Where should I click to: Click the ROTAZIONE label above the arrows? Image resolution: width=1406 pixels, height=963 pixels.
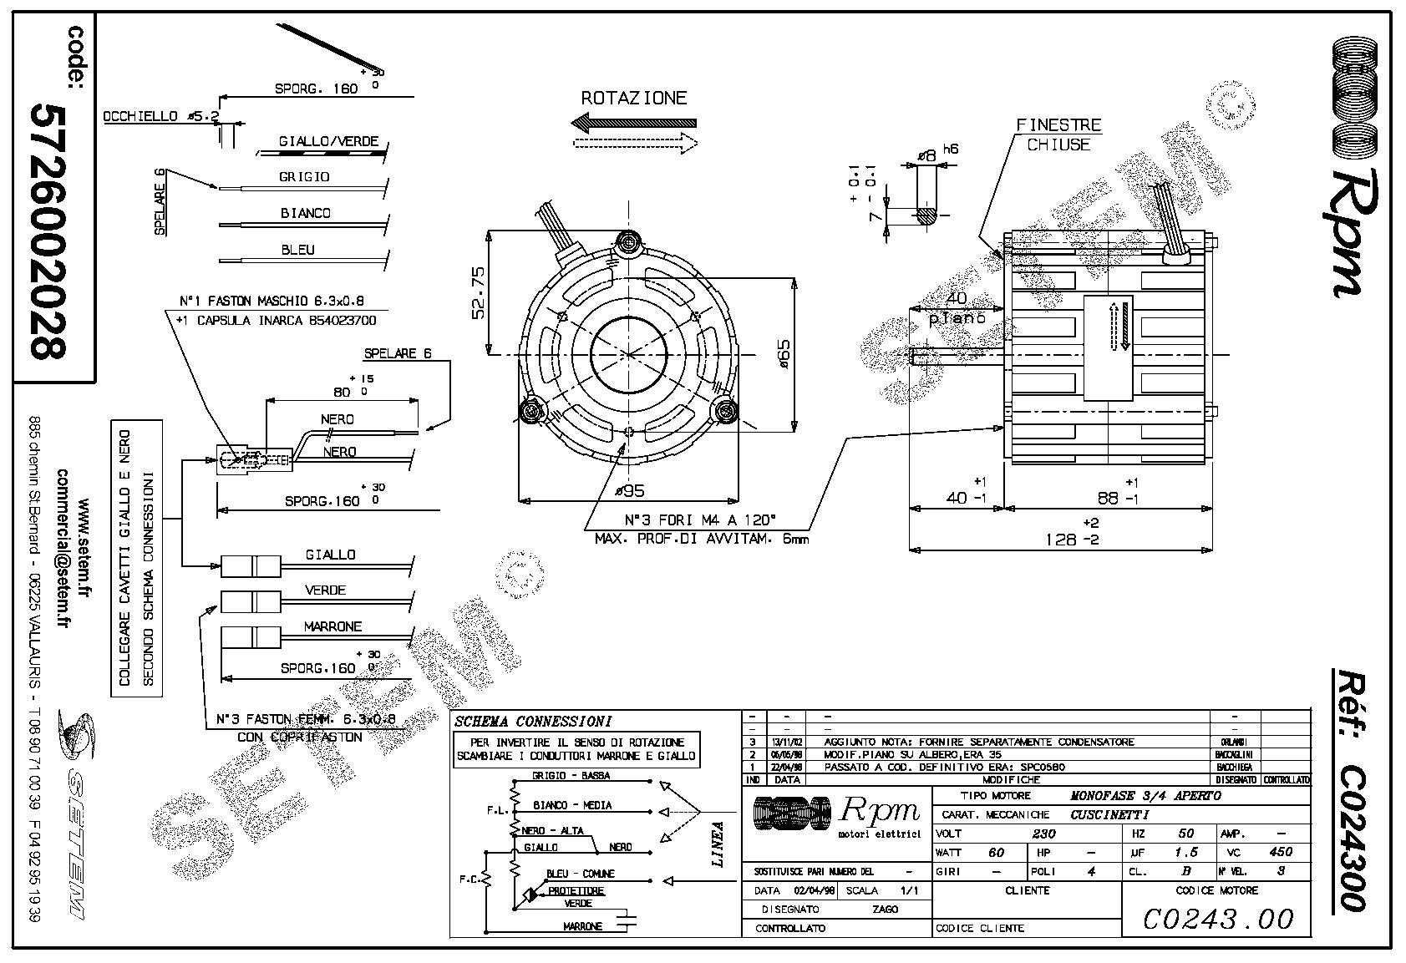(633, 98)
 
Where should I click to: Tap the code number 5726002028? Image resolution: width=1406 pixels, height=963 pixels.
(48, 231)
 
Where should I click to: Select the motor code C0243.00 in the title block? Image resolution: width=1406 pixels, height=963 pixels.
(1217, 920)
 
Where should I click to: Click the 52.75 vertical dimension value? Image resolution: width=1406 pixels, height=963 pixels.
(479, 292)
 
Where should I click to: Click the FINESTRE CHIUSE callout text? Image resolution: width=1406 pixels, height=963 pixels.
(1058, 134)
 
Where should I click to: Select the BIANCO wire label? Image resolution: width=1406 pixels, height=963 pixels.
(305, 213)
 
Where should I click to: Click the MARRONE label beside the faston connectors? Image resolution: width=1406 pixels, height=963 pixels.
(332, 626)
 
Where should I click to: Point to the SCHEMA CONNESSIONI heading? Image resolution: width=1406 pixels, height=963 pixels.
(532, 721)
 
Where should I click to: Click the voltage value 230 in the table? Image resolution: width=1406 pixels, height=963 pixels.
(1043, 833)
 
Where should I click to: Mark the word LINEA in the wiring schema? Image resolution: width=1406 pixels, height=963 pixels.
(717, 843)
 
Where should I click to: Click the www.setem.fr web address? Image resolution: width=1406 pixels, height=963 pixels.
(83, 548)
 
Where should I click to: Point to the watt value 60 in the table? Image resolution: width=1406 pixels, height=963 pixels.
(995, 852)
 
